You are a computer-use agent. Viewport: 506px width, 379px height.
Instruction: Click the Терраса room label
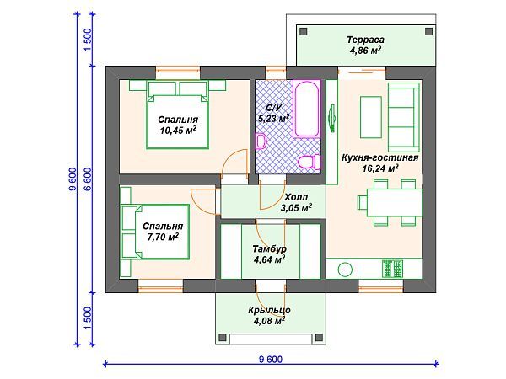365,40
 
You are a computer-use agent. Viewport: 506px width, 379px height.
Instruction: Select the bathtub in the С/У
307,109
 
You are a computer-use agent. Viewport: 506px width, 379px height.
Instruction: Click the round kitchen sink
345,270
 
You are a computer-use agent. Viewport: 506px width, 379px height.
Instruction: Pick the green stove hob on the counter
392,269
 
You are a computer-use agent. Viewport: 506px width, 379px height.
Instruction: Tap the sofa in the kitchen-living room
403,117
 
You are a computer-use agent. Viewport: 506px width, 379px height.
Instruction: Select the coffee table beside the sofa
371,117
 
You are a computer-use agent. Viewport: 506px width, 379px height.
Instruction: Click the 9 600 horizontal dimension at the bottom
271,359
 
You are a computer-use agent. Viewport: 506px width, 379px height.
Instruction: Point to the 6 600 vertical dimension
88,179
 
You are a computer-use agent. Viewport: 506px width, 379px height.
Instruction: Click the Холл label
296,197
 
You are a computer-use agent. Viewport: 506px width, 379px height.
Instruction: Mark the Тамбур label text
269,248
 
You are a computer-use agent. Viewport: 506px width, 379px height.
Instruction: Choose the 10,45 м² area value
178,131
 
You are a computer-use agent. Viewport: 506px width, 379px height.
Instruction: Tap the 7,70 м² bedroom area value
163,237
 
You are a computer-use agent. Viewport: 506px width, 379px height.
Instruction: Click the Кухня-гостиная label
379,158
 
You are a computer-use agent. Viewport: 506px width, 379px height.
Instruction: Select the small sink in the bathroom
260,141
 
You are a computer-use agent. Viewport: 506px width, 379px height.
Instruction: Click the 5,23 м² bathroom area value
273,118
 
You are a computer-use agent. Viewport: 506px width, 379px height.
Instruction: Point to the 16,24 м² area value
379,168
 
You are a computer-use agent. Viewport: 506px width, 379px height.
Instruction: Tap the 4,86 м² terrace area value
365,51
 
